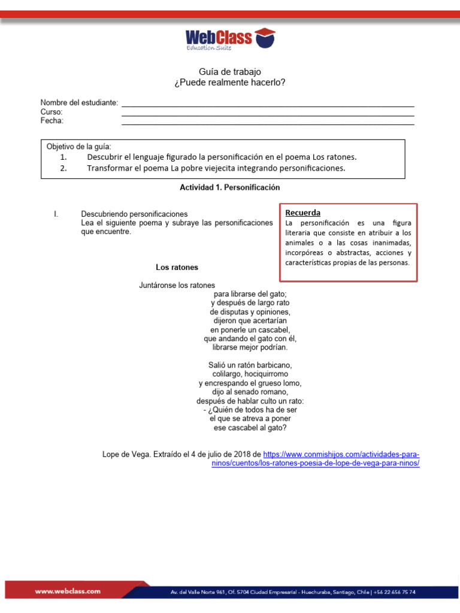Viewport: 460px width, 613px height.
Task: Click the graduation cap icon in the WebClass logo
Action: pyautogui.click(x=265, y=38)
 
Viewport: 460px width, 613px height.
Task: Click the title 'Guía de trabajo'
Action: pyautogui.click(x=230, y=72)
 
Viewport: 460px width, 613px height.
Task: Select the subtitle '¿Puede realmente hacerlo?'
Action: pyautogui.click(x=230, y=82)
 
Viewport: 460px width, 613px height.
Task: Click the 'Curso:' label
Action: pyautogui.click(x=52, y=112)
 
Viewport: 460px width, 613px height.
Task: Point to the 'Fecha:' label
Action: pyautogui.click(x=52, y=120)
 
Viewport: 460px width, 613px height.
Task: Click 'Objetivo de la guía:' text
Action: pyautogui.click(x=78, y=147)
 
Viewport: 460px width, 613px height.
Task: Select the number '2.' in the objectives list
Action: pyautogui.click(x=64, y=168)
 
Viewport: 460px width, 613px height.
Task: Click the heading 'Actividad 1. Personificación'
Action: pyautogui.click(x=230, y=187)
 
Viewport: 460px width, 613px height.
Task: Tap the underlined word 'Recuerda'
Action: pyautogui.click(x=302, y=213)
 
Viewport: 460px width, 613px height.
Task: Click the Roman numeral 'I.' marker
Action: pyautogui.click(x=56, y=214)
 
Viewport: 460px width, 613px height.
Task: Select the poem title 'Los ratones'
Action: pyautogui.click(x=177, y=267)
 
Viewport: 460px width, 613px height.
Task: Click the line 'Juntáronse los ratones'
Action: pyautogui.click(x=177, y=286)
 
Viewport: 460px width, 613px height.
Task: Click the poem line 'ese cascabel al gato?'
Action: pyautogui.click(x=250, y=428)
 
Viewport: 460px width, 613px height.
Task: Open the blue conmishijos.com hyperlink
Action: pyautogui.click(x=341, y=454)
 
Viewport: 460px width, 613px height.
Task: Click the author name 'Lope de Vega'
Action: pyautogui.click(x=126, y=454)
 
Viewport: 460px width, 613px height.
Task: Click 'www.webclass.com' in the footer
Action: pyautogui.click(x=68, y=591)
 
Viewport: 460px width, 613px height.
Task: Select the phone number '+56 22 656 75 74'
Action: pyautogui.click(x=395, y=592)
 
